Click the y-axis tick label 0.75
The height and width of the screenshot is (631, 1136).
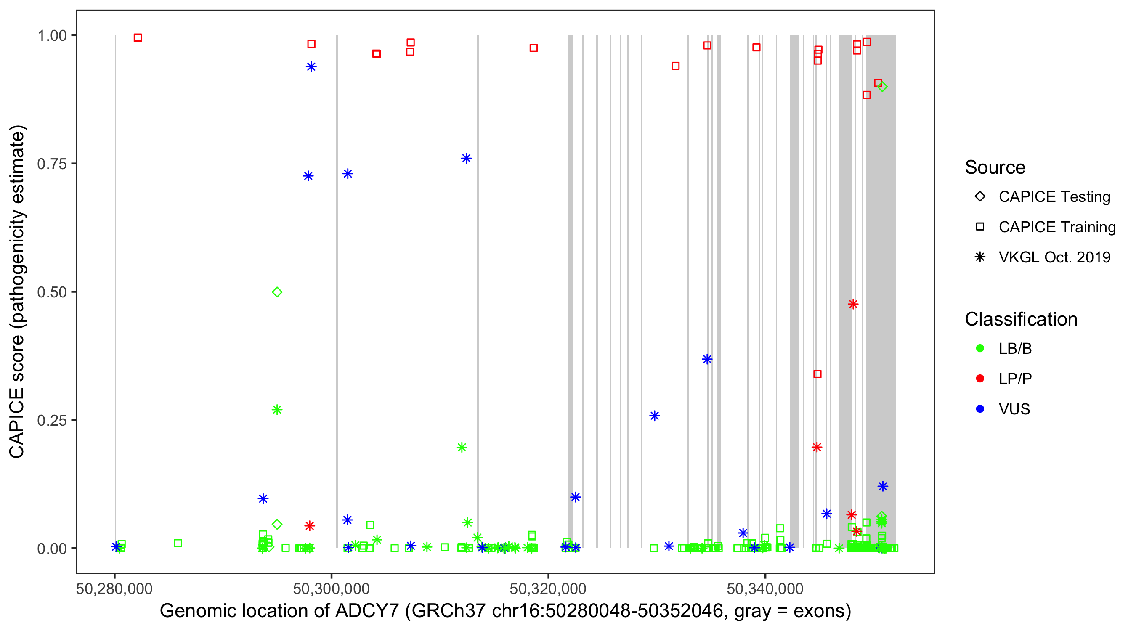coord(51,164)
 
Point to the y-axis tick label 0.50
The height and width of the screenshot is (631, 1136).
coord(51,292)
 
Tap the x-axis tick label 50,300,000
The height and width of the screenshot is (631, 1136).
coord(331,589)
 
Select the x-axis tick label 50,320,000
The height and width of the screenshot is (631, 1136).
coord(548,589)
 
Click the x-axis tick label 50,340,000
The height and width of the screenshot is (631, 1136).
coord(765,589)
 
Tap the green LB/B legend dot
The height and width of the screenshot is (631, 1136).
coord(980,348)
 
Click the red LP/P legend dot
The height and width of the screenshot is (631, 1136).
coord(980,379)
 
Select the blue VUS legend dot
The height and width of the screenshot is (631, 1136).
coord(980,409)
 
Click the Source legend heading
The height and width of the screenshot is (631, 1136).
coord(995,167)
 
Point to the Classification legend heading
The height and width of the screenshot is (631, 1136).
coord(1021,319)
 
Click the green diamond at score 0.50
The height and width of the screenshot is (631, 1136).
coord(277,292)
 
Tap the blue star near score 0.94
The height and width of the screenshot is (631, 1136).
coord(311,67)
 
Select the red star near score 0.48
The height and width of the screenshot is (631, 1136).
coord(853,304)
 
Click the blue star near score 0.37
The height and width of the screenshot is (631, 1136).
coord(707,359)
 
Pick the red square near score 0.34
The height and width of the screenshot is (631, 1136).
coord(817,374)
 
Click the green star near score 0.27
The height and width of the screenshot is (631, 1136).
coord(277,410)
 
